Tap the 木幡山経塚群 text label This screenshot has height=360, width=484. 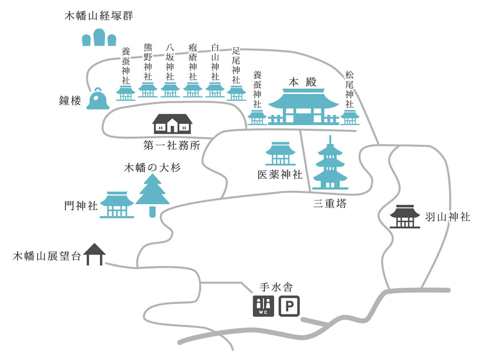point(99,17)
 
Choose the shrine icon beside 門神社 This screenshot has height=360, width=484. point(117,205)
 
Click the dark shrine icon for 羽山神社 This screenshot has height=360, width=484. point(405,217)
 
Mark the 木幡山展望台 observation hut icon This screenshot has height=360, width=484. point(95,254)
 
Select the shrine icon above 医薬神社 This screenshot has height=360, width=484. point(280,154)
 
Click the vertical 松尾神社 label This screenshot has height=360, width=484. point(350,89)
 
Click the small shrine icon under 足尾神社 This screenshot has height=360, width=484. point(236,93)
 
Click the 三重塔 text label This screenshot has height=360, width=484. point(329,204)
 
